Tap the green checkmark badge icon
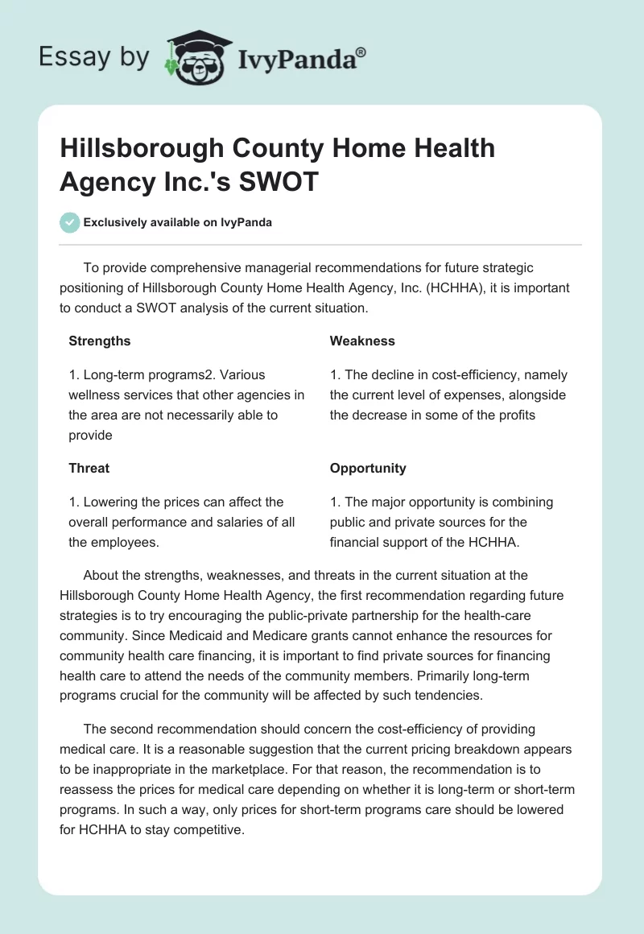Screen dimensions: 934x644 click(70, 222)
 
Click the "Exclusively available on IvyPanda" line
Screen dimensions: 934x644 click(177, 222)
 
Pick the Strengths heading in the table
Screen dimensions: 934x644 click(100, 341)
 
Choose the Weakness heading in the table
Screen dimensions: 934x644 click(362, 341)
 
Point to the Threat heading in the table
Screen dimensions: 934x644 click(89, 468)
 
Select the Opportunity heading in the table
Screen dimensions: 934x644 click(368, 468)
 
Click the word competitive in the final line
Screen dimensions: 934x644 click(205, 829)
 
